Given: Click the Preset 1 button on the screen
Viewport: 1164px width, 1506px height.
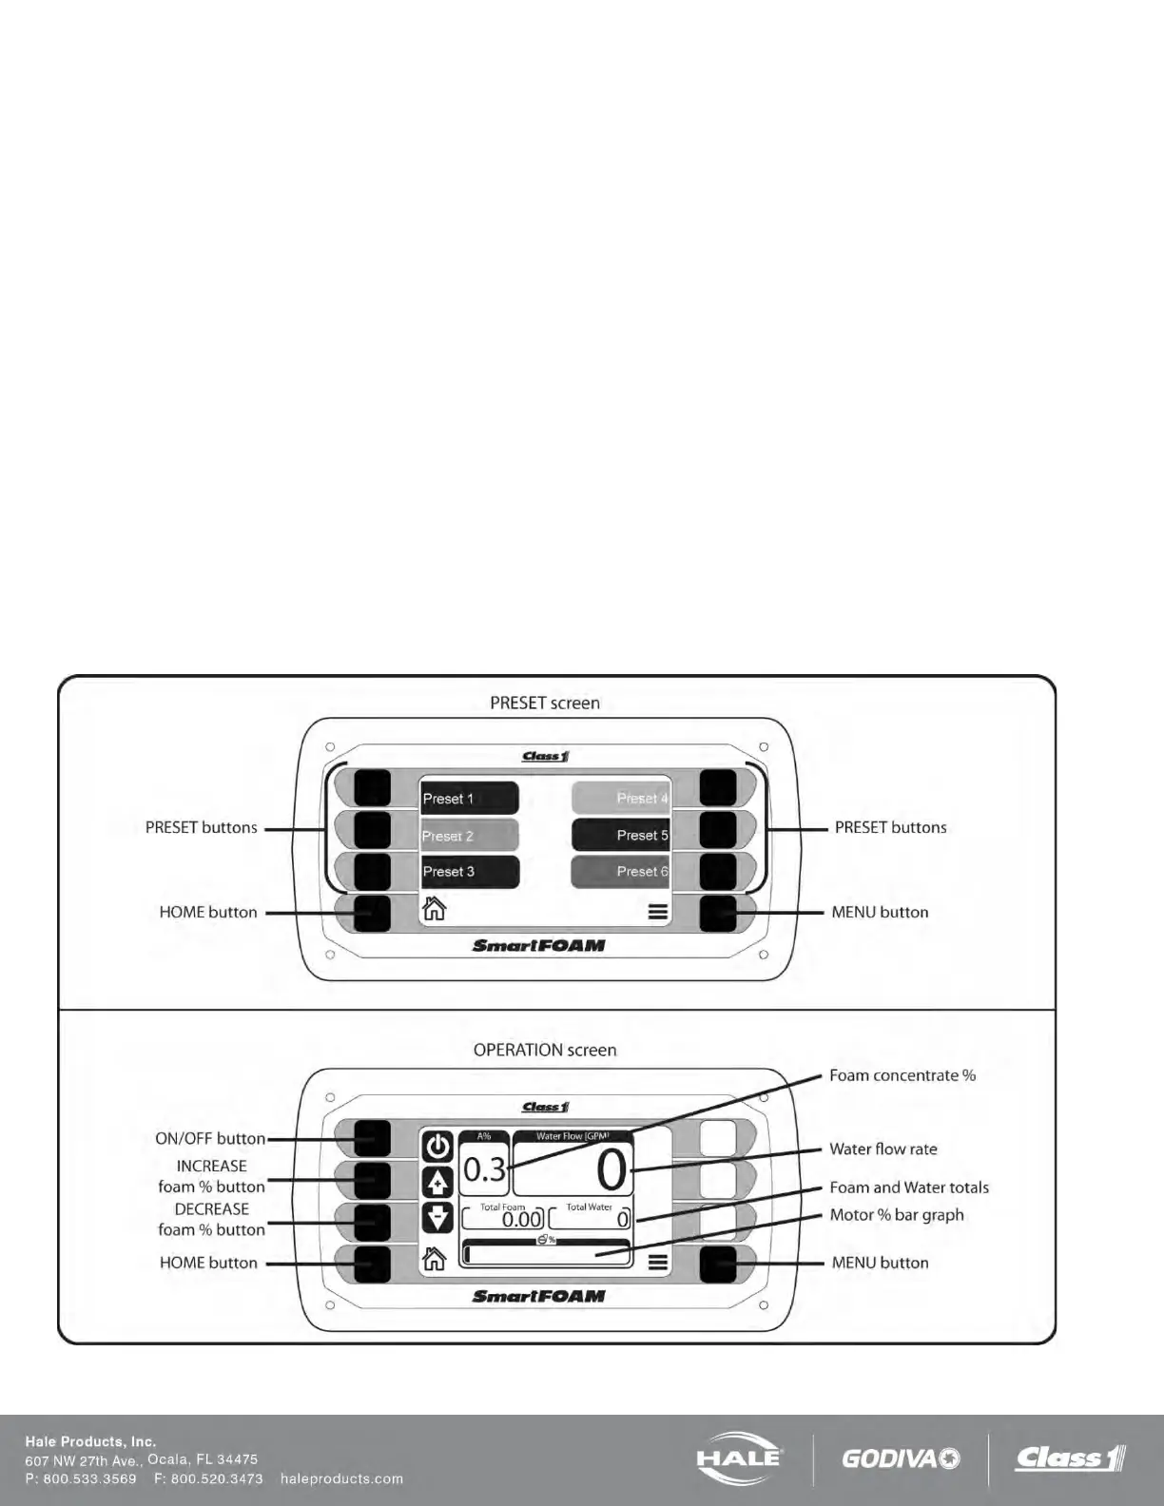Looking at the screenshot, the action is (470, 798).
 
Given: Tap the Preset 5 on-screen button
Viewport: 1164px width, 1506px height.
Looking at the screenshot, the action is (620, 835).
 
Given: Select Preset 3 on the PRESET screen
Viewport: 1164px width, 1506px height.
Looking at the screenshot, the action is (470, 871).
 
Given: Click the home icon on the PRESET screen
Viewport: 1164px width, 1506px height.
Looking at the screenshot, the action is (435, 909).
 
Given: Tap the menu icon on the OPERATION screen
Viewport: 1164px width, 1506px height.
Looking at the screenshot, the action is (657, 1263).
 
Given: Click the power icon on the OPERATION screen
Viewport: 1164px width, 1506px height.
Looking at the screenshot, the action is (437, 1146).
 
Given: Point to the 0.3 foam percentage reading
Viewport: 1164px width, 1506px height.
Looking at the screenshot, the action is (484, 1169).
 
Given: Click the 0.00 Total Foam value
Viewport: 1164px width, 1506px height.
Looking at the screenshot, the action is (521, 1219).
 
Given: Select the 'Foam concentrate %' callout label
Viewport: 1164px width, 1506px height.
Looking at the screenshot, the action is (902, 1075).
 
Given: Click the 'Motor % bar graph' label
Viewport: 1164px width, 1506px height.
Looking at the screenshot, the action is (896, 1214).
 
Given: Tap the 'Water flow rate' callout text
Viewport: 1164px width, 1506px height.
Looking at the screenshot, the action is (883, 1149).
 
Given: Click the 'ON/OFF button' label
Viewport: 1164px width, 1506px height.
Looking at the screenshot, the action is (210, 1138).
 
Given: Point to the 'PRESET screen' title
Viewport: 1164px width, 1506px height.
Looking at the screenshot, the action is (545, 703).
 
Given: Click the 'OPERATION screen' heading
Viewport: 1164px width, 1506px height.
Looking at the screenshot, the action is (545, 1050).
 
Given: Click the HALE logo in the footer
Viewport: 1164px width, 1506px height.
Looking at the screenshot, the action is (739, 1458).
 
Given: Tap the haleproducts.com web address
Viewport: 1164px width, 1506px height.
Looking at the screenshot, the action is (341, 1478).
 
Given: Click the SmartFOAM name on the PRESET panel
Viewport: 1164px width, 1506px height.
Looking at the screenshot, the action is (538, 945).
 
